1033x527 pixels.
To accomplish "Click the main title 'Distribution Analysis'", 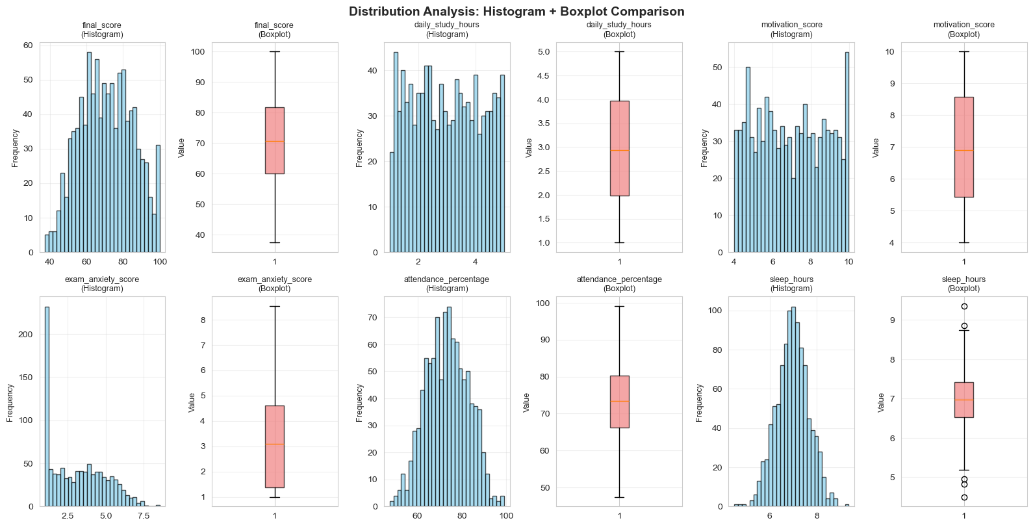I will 516,11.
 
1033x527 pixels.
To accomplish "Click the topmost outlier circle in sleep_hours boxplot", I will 964,306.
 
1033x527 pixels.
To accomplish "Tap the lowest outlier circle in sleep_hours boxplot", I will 964,497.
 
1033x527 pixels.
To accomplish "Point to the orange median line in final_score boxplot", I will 275,141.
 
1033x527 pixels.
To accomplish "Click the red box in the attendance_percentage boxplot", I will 619,402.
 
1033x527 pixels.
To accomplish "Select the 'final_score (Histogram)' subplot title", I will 102,29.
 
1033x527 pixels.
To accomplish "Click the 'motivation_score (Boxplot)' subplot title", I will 963,29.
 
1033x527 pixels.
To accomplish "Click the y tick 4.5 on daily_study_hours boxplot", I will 542,75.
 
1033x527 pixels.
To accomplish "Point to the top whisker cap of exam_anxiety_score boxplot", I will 275,306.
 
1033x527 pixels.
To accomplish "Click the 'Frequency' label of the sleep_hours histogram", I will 700,402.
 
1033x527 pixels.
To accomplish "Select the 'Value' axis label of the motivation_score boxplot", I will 876,148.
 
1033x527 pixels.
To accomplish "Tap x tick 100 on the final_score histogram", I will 160,262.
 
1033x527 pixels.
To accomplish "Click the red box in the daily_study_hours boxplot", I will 619,148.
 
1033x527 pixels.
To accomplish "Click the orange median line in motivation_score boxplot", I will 963,150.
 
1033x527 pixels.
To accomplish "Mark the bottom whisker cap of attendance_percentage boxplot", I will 619,497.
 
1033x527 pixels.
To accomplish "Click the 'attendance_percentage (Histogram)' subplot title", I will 447,284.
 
